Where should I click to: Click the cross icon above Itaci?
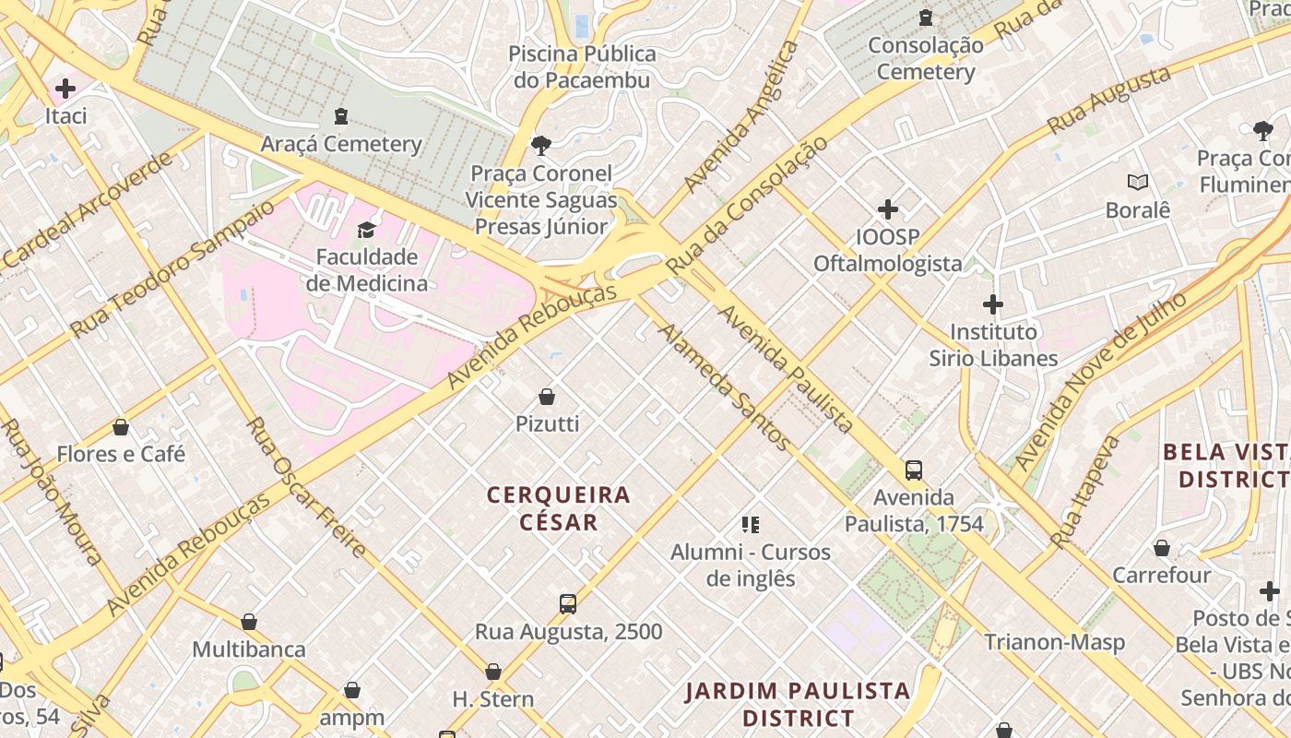click(x=65, y=89)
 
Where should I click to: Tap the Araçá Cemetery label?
click(x=341, y=144)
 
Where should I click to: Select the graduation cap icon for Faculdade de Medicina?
click(x=367, y=229)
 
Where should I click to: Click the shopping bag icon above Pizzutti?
click(x=547, y=397)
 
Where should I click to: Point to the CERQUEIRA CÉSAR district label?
click(x=559, y=508)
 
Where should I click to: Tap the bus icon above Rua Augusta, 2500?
click(x=568, y=604)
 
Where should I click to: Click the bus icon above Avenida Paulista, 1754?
click(x=914, y=470)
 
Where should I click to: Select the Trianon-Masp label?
click(x=1054, y=642)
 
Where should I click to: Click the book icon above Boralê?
click(x=1138, y=183)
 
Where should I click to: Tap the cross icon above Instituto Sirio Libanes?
click(x=993, y=304)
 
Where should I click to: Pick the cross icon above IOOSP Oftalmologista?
click(x=887, y=209)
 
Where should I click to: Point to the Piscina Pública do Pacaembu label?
click(x=583, y=66)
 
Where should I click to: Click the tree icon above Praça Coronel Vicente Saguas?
click(x=540, y=145)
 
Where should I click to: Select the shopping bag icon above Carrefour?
click(x=1162, y=548)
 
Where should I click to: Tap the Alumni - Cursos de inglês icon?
click(x=751, y=525)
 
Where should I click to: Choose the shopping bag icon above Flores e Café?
click(x=121, y=427)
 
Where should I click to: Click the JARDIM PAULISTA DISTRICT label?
click(x=798, y=704)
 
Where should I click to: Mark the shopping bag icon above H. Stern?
click(x=493, y=672)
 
